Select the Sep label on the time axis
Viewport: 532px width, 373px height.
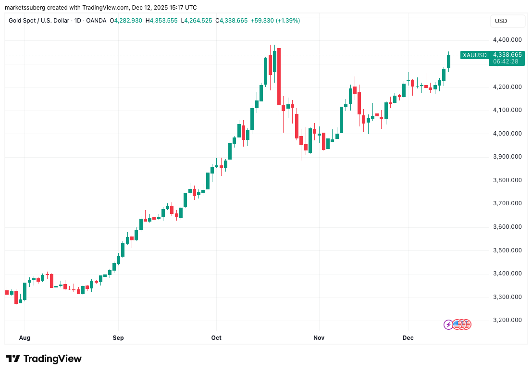(118, 338)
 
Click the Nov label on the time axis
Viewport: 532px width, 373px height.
(319, 338)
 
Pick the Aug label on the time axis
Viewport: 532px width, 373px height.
(25, 338)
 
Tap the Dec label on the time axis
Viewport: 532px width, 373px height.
(408, 338)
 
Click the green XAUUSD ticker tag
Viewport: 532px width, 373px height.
(474, 55)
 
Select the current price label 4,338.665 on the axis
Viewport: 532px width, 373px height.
(507, 54)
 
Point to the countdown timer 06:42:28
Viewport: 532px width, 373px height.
(507, 61)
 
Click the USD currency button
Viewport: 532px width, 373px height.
(501, 21)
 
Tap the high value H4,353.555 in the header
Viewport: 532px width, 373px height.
(164, 21)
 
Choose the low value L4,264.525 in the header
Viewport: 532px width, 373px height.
(196, 21)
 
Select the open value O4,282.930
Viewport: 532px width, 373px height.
(126, 21)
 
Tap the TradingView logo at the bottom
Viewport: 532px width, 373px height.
(44, 359)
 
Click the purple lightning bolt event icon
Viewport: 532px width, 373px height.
(448, 324)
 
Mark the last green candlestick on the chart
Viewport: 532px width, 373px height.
(448, 61)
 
